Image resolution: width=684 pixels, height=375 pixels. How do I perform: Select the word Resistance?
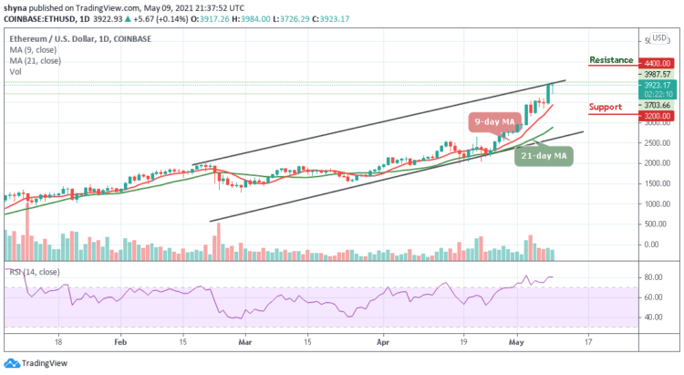[x=611, y=59]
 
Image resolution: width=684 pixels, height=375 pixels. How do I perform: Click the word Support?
[x=606, y=107]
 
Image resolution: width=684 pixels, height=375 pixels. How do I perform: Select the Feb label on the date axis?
[x=120, y=342]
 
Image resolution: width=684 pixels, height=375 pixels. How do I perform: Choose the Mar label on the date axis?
[x=244, y=342]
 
